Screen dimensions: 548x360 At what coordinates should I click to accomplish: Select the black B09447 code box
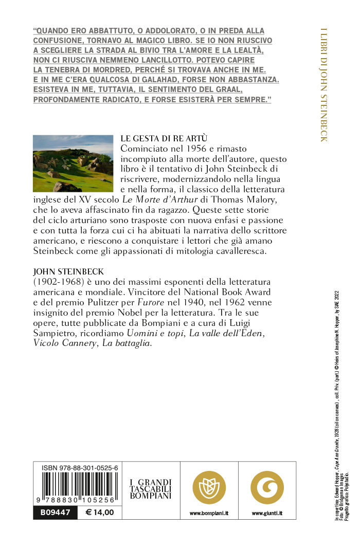tap(55, 512)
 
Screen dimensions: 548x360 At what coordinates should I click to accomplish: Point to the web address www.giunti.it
tap(267, 513)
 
